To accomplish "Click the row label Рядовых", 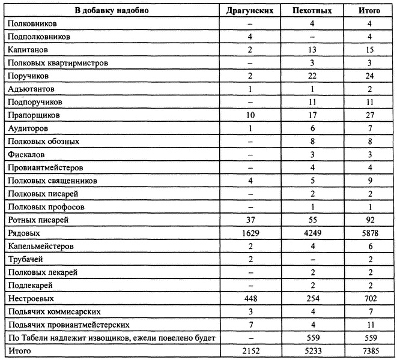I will pos(23,233).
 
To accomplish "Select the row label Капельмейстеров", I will pos(38,246).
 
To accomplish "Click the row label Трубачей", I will pos(25,259).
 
